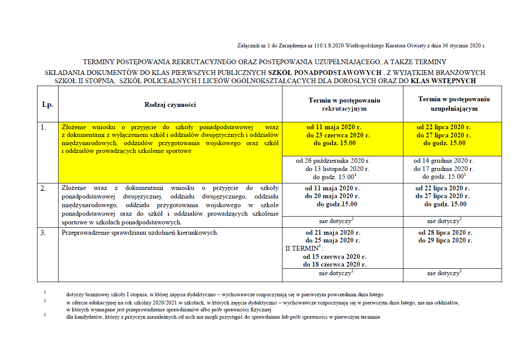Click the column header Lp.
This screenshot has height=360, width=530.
[x=47, y=104]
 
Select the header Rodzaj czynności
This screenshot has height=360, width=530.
[x=170, y=104]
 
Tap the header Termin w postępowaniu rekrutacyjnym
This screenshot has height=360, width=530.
[x=344, y=104]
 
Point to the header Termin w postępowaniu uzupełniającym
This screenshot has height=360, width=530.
[x=454, y=104]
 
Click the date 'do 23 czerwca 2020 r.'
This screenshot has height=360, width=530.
[x=338, y=135]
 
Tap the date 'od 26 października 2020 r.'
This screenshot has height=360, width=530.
[x=337, y=161]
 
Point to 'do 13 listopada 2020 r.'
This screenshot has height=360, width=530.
[x=337, y=169]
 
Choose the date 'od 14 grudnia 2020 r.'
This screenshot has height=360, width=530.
[x=443, y=161]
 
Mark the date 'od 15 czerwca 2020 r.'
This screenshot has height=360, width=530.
[x=332, y=257]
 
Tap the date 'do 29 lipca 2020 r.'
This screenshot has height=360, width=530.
[x=445, y=240]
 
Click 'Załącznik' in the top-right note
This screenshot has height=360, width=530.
[x=248, y=45]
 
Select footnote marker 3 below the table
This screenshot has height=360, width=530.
[x=44, y=315]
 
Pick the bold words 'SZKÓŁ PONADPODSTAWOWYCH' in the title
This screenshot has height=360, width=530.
[x=325, y=72]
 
